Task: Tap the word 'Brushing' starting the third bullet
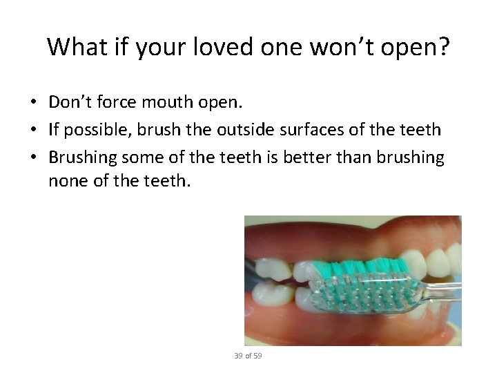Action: (x=83, y=157)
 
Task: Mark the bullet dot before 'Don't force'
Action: (x=33, y=103)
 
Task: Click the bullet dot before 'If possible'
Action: (x=33, y=131)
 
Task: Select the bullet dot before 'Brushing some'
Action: (x=33, y=158)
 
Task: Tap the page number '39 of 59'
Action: (x=248, y=356)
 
